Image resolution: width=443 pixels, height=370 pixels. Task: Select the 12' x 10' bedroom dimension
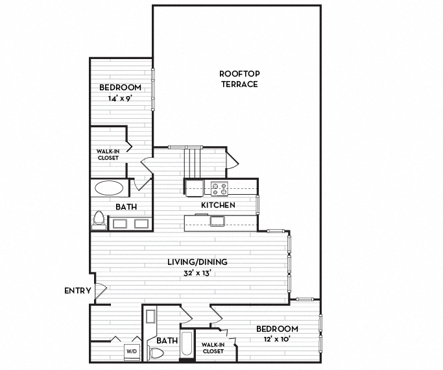click(276, 339)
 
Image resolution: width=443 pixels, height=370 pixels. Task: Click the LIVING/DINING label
click(198, 262)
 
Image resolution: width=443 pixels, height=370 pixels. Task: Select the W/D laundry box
click(132, 351)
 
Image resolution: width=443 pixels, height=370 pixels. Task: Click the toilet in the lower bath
click(156, 354)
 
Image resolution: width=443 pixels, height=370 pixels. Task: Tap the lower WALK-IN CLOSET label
click(213, 348)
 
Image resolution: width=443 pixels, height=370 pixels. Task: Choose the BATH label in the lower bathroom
click(167, 340)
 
